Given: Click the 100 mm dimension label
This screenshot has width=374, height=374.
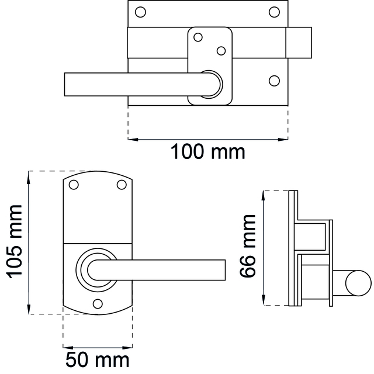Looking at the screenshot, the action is point(208,152).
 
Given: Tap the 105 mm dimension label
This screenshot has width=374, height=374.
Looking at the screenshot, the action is point(15,241).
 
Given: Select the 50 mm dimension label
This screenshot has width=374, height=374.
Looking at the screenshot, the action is point(98,360).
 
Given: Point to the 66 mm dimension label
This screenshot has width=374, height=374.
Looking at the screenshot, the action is point(248,247).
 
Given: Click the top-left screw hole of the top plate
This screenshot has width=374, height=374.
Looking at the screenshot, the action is point(140,12).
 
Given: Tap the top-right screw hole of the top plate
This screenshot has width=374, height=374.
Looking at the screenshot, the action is point(274,12).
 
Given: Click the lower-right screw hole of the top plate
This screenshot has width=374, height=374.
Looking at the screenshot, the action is point(274,81).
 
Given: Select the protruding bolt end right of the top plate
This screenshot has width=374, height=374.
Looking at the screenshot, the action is point(299,43).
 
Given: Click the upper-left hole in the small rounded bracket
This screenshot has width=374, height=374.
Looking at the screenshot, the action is point(198,37).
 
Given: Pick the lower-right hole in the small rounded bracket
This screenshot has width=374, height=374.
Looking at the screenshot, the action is point(221,51).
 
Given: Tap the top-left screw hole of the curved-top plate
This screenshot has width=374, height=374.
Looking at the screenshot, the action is point(74,185).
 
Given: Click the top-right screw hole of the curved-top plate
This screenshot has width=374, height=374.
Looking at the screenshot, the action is point(122,185).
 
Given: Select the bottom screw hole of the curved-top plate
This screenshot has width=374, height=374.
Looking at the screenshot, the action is point(98,304).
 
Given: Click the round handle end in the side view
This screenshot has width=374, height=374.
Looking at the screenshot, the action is point(358,283).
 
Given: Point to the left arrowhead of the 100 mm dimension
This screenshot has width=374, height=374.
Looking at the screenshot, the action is point(133,139).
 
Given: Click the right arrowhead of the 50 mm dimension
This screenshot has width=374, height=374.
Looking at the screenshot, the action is point(127,348).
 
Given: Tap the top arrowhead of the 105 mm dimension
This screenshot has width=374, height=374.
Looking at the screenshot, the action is point(29,177).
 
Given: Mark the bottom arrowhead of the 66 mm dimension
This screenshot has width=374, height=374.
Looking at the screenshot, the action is point(264,300).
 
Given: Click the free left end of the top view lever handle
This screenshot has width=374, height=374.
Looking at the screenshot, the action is point(65,84).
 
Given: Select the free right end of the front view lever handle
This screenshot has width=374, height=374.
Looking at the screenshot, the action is point(225,270).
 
